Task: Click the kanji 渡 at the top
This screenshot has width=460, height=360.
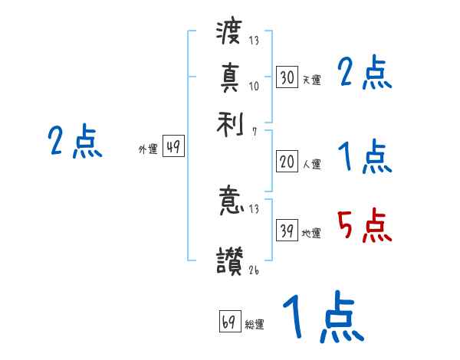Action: [230, 34]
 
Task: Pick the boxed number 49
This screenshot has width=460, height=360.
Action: [173, 147]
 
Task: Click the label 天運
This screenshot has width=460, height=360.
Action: [311, 80]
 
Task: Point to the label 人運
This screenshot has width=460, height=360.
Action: [311, 164]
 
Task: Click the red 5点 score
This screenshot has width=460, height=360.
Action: [365, 227]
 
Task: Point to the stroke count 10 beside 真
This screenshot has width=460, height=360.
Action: [254, 86]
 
